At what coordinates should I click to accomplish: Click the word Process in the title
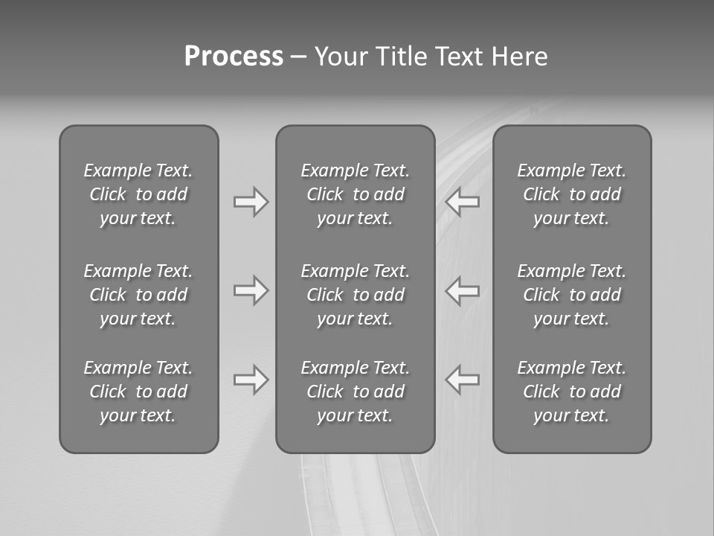[x=234, y=57]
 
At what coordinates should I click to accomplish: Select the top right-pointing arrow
[x=251, y=202]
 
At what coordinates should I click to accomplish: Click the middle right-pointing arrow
[x=251, y=290]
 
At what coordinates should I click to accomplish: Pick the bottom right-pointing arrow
[x=251, y=380]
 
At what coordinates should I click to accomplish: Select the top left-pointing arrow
[x=463, y=202]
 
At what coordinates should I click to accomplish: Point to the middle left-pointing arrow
[x=463, y=290]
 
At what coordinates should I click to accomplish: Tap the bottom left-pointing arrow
[x=463, y=380]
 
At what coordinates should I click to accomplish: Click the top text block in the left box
[x=138, y=194]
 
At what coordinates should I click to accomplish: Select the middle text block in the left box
[x=138, y=295]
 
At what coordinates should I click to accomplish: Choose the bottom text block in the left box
[x=138, y=392]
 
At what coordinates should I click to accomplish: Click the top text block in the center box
[x=356, y=194]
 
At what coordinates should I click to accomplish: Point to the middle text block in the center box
[x=356, y=295]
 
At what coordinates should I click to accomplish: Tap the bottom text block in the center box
[x=356, y=392]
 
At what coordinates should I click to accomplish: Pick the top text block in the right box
[x=572, y=194]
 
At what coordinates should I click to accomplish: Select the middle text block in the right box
[x=572, y=295]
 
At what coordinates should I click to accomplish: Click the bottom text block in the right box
[x=572, y=392]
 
